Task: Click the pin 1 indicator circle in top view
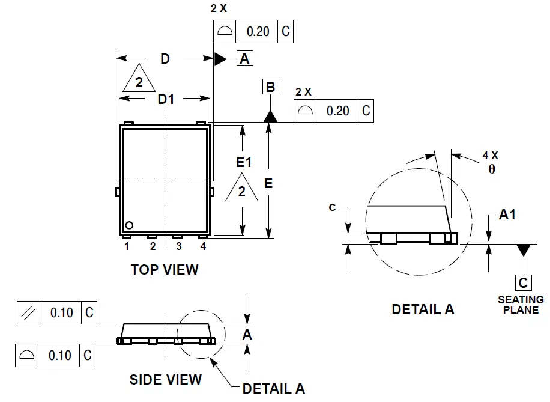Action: click(x=128, y=225)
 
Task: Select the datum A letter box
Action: click(x=245, y=58)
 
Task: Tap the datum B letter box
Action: click(x=270, y=87)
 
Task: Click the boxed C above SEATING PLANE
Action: click(x=523, y=282)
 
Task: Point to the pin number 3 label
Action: click(x=178, y=246)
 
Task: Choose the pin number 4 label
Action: click(x=203, y=246)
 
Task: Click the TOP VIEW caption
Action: click(x=165, y=270)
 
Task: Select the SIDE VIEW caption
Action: click(x=166, y=379)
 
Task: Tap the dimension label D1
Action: click(x=166, y=99)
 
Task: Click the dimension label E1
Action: click(x=244, y=162)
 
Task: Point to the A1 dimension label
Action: click(x=507, y=215)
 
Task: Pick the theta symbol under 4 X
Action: click(x=491, y=169)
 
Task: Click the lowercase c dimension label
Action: click(x=332, y=207)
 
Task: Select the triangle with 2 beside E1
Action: click(x=242, y=190)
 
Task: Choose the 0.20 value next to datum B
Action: click(x=337, y=111)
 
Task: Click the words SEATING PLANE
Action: click(x=521, y=305)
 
